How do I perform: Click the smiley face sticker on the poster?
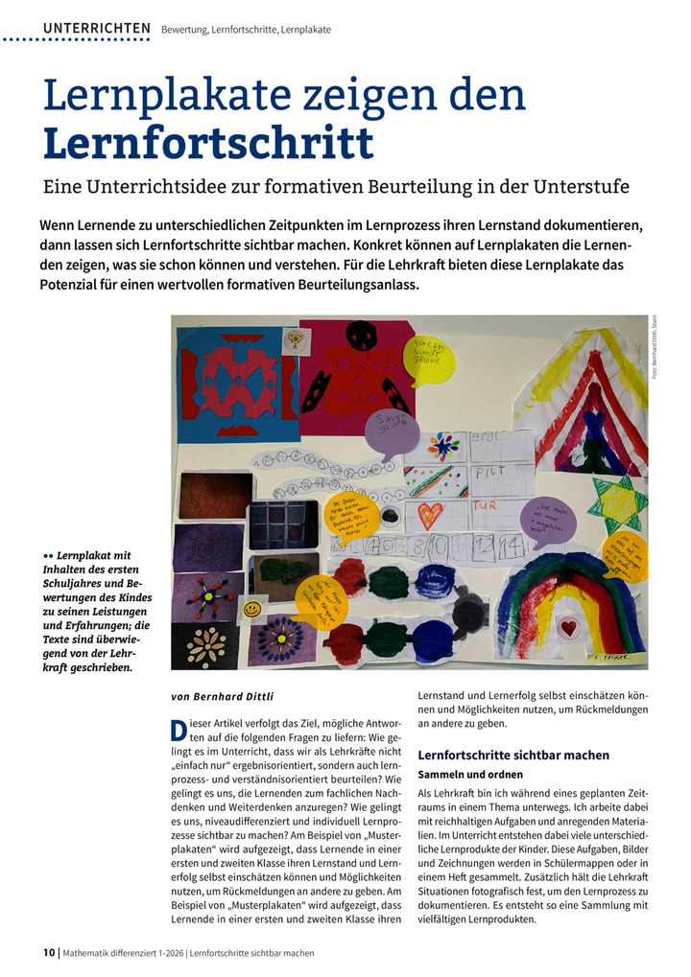(x=252, y=609)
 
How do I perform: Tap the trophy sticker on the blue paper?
(x=296, y=339)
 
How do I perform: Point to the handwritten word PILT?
(x=491, y=474)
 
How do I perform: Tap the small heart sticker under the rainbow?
(x=568, y=628)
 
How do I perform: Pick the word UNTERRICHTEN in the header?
(x=96, y=29)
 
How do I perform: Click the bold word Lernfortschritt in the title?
(x=207, y=141)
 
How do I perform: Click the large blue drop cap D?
(x=179, y=731)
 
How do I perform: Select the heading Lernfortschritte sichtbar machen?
(x=513, y=756)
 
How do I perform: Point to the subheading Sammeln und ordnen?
(x=470, y=774)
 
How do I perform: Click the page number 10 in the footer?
(x=50, y=953)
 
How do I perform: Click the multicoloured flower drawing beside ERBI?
(x=443, y=447)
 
